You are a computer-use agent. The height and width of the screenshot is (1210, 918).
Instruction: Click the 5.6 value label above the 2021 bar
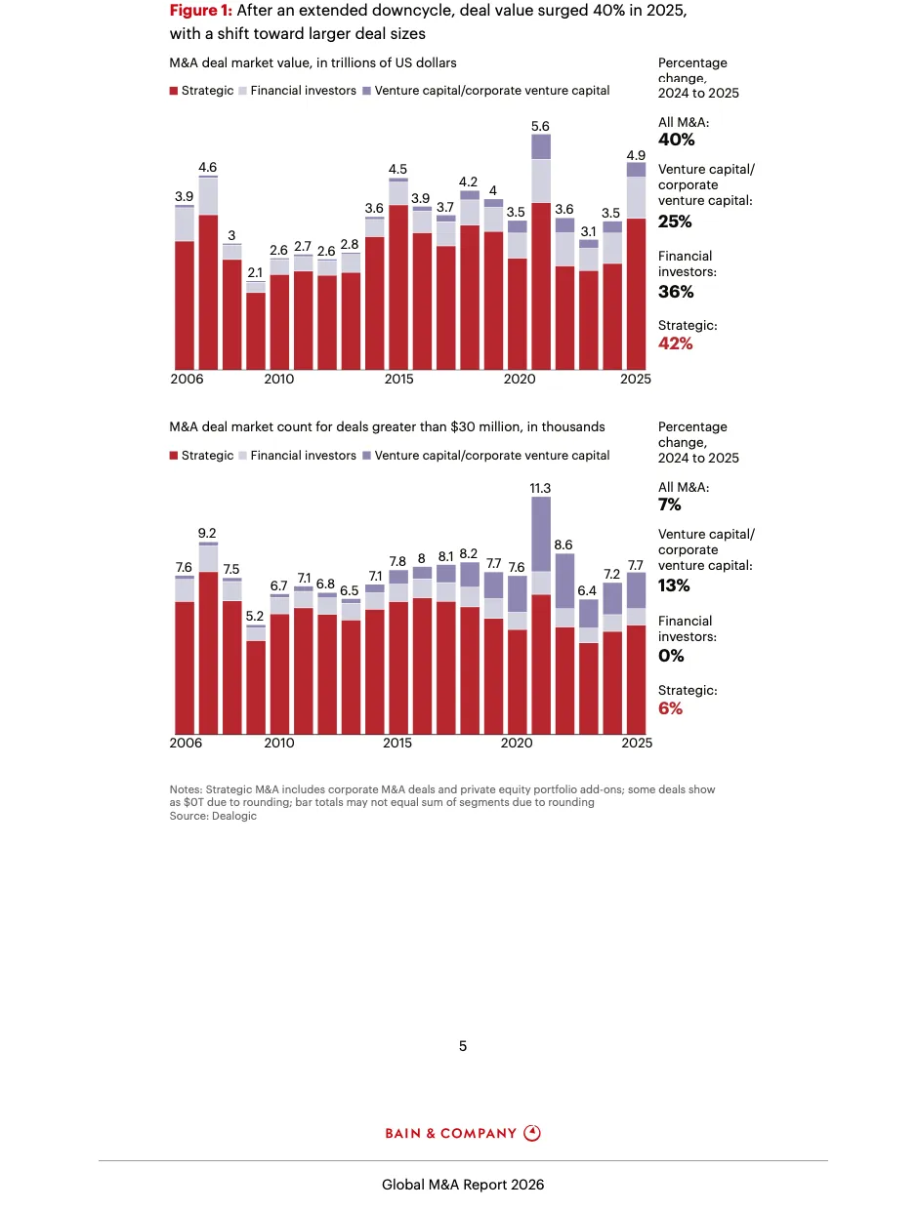coord(540,127)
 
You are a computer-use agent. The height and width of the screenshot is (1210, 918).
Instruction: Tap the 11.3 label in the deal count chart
coord(540,488)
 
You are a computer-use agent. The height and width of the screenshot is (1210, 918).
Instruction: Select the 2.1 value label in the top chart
coord(255,272)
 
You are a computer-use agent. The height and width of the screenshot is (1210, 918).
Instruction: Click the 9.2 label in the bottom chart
coord(207,533)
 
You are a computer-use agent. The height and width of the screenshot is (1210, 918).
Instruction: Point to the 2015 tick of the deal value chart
coord(396,379)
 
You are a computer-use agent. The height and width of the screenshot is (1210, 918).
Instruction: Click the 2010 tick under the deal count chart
coord(278,743)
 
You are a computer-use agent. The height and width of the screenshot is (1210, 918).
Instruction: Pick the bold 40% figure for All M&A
coord(676,140)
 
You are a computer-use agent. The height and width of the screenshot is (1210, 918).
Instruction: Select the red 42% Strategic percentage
coord(676,343)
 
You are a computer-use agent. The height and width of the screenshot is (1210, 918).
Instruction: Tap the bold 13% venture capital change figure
coord(674,585)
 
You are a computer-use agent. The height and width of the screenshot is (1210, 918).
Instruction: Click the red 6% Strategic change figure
coord(670,708)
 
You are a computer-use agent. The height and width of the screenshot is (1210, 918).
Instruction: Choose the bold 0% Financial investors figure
coord(670,656)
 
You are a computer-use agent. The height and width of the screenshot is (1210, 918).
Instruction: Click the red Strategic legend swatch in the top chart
coord(174,91)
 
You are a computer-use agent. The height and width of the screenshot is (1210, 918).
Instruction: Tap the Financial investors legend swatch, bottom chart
coord(243,456)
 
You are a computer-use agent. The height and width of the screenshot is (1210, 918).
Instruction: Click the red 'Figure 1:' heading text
coord(200,11)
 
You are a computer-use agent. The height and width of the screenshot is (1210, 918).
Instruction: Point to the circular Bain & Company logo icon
coord(532,1133)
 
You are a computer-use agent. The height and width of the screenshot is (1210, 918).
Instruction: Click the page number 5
coord(463,1046)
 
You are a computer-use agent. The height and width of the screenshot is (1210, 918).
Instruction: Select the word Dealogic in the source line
coord(234,816)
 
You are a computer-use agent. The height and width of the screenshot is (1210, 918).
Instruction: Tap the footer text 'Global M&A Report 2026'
coord(463,1185)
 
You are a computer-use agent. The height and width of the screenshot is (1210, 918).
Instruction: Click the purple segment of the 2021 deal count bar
coord(540,534)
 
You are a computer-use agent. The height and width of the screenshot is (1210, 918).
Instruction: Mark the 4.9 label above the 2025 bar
coord(636,155)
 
